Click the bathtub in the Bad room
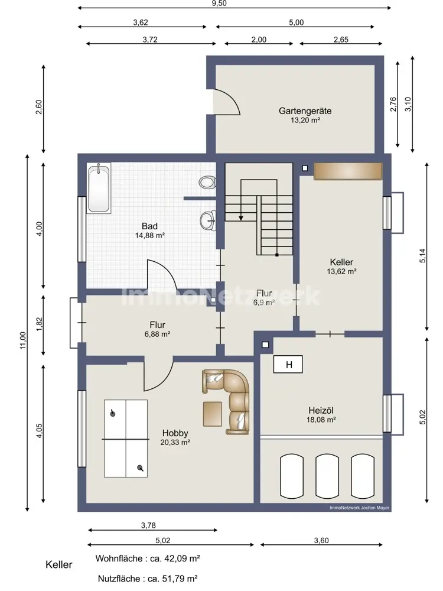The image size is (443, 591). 99,188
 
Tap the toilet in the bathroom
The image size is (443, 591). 207,183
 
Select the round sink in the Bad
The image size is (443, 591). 207,220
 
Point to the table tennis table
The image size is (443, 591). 126,439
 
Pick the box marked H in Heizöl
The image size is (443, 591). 288,365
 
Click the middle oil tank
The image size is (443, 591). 327,476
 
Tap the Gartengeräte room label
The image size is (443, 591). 305,111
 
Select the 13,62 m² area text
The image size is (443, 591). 341,271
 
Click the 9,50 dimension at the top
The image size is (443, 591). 219,4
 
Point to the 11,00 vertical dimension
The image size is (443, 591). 23,340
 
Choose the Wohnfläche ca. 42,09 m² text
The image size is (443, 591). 148,558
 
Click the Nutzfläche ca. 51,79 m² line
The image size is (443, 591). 148,578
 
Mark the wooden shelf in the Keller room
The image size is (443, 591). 348,171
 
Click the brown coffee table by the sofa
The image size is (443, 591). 213,414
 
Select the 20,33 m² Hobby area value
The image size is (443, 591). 175,443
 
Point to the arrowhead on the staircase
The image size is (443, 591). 241,218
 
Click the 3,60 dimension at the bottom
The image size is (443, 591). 321,541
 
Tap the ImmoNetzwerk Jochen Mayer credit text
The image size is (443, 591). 359,508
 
